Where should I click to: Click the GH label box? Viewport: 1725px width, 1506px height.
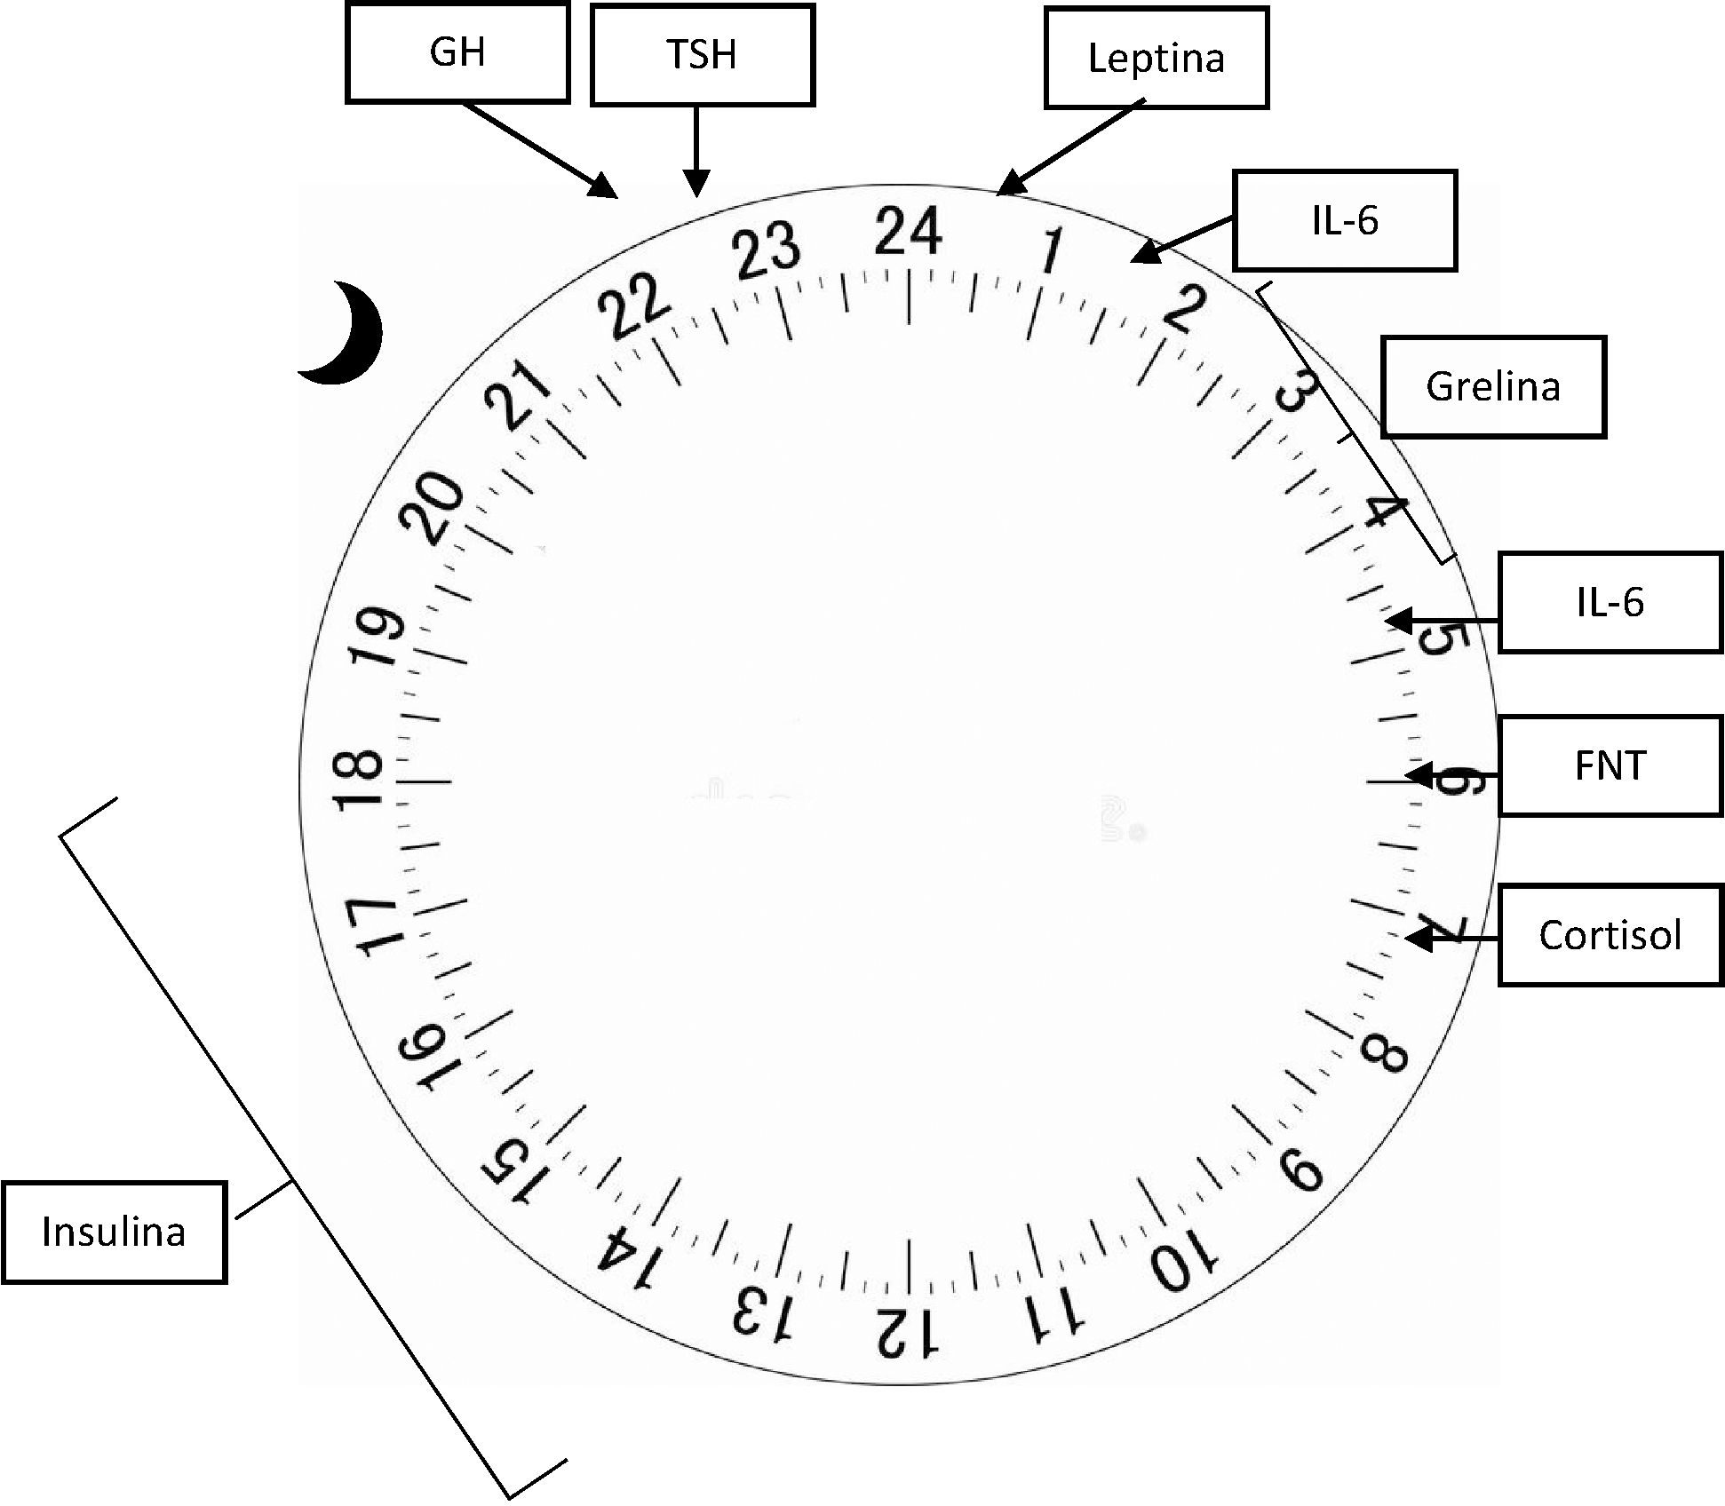click(x=457, y=53)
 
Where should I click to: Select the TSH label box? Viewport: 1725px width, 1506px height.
click(x=702, y=55)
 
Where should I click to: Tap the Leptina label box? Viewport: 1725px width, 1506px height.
click(x=1156, y=59)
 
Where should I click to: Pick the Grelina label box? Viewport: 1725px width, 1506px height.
click(x=1492, y=387)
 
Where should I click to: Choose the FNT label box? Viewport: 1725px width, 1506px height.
click(x=1610, y=766)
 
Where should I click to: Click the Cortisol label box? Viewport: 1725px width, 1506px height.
click(x=1610, y=935)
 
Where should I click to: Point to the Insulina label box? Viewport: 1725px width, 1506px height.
click(x=114, y=1233)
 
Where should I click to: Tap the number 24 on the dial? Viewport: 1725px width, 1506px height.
click(x=907, y=231)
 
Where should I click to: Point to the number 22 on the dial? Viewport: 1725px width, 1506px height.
click(x=633, y=305)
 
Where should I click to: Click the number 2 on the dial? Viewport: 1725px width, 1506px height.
click(x=1184, y=308)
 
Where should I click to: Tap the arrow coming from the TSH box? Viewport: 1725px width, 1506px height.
click(x=696, y=151)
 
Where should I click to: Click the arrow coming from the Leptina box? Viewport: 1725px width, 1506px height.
click(x=1070, y=147)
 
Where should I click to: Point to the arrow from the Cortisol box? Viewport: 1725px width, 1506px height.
click(x=1451, y=937)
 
